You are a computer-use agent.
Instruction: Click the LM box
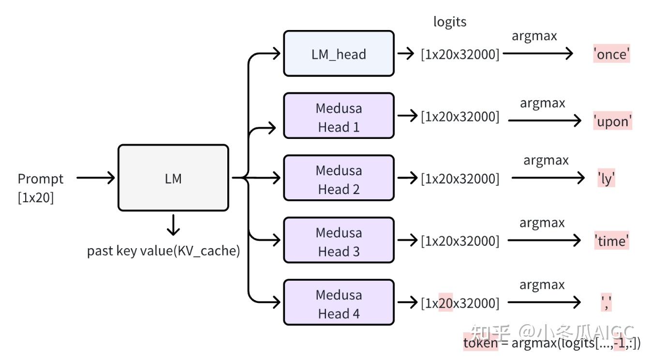click(173, 178)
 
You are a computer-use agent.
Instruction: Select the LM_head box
click(339, 54)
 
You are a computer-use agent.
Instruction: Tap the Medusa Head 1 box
click(339, 116)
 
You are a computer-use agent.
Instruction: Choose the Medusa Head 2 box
click(339, 179)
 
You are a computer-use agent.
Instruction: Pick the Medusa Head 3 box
click(339, 240)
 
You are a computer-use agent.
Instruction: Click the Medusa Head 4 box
click(339, 303)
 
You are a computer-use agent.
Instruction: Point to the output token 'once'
click(612, 54)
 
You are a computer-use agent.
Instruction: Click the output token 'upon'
click(613, 121)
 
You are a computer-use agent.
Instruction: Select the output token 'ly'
click(606, 179)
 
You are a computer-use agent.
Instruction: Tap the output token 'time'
click(612, 240)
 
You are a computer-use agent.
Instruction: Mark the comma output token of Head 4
click(606, 303)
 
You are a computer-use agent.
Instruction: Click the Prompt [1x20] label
click(40, 188)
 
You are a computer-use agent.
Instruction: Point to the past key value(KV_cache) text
click(163, 251)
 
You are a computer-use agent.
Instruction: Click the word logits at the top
click(450, 22)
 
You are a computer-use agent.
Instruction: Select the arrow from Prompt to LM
click(96, 178)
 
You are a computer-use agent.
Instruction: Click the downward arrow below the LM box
click(173, 225)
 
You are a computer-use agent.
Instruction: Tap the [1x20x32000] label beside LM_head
click(460, 54)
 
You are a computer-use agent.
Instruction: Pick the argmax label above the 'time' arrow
click(542, 223)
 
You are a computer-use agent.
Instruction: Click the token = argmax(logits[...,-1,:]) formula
click(552, 343)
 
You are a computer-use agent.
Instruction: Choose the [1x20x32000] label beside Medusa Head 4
click(460, 303)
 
